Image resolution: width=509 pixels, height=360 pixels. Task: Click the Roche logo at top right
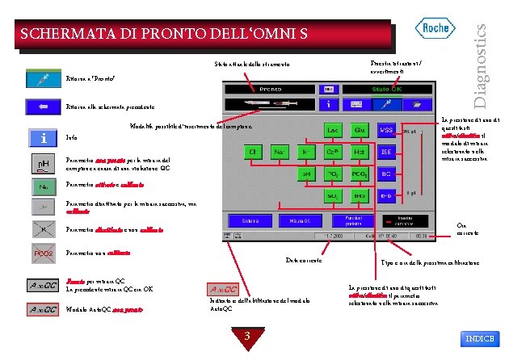click(437, 30)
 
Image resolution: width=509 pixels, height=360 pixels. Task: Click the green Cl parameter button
click(253, 151)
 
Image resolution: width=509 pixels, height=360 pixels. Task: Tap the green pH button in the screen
click(307, 173)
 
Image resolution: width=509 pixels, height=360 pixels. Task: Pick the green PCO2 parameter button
click(359, 173)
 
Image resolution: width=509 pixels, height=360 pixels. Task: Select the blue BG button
click(387, 173)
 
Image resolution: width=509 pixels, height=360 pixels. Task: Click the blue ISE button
click(387, 151)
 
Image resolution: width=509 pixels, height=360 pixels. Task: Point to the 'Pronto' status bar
click(271, 89)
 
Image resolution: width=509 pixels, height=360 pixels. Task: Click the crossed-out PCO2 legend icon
click(43, 253)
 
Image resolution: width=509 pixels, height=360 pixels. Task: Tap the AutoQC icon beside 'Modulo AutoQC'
click(43, 309)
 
